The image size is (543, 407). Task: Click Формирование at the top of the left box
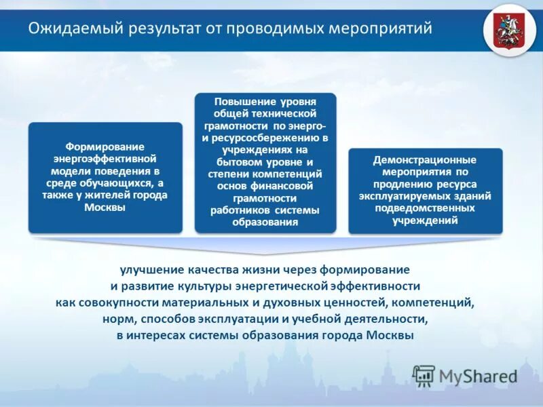(105, 147)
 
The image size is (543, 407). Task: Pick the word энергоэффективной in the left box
(105, 159)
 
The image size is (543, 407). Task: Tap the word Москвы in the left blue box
(105, 208)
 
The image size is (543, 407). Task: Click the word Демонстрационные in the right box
(425, 160)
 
